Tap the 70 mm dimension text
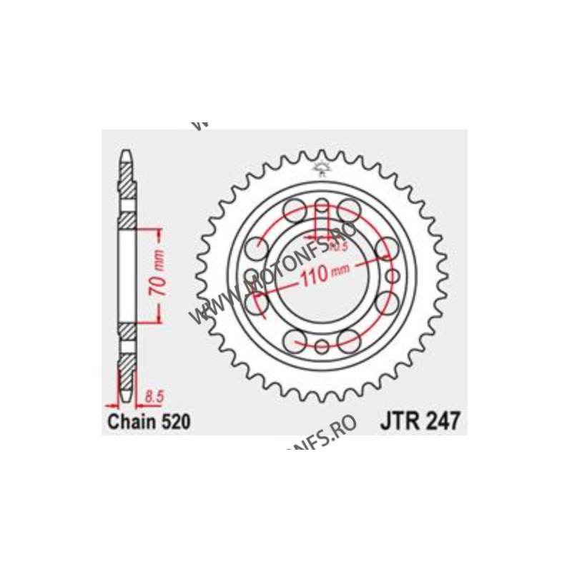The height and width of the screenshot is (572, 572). tap(161, 275)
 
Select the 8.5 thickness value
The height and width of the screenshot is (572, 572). tap(154, 393)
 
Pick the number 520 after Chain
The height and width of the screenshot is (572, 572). tap(176, 422)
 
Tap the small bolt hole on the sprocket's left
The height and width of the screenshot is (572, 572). tap(251, 276)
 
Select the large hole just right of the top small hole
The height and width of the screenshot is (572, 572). tap(349, 209)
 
